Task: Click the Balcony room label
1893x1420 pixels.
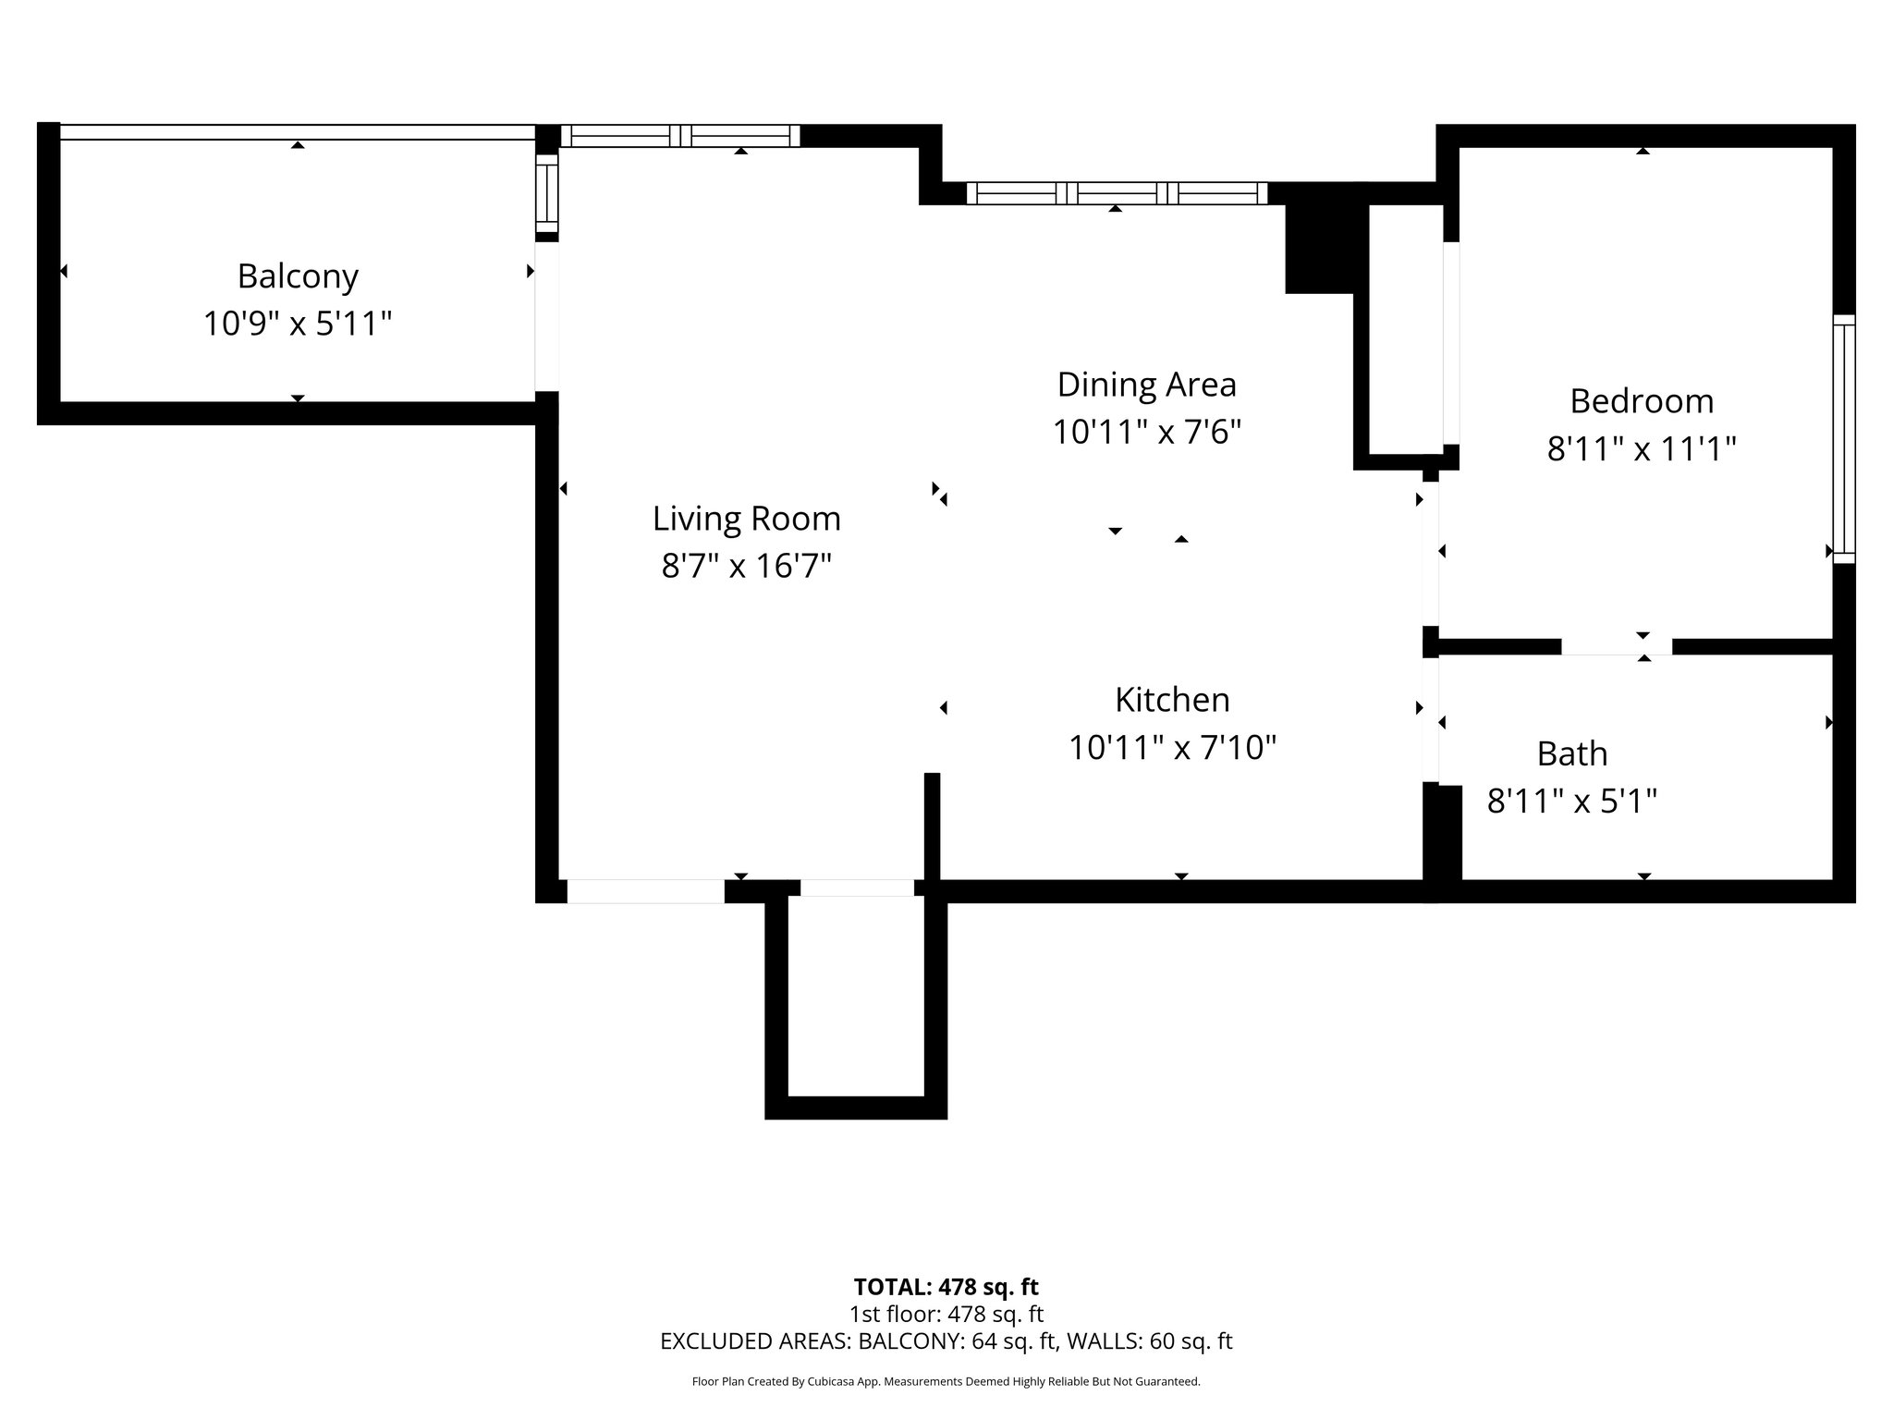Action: tap(298, 276)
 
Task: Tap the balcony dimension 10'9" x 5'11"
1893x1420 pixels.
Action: tap(298, 324)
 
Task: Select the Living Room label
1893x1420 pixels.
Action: tap(747, 519)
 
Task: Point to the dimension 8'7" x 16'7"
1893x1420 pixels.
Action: tap(747, 566)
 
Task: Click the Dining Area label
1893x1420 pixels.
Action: tap(1146, 385)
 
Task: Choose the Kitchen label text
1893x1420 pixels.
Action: tap(1172, 700)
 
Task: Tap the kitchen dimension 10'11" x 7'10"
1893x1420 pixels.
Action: tap(1172, 748)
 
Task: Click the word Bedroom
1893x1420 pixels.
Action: tap(1642, 401)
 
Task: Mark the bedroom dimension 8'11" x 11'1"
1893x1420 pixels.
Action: tap(1642, 449)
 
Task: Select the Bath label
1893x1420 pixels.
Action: tap(1571, 754)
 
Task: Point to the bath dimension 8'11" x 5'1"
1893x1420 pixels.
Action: tap(1571, 802)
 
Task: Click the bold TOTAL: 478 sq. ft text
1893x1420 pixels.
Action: tap(946, 1287)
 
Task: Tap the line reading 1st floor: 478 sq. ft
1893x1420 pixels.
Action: tap(946, 1314)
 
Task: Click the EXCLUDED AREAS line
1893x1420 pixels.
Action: tap(946, 1341)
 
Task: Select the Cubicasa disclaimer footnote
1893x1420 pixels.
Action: tap(946, 1382)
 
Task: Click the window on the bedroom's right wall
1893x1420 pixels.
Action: tap(1843, 439)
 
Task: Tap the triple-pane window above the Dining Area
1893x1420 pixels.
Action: tap(1117, 193)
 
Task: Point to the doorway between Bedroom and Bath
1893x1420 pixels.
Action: tap(1616, 647)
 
